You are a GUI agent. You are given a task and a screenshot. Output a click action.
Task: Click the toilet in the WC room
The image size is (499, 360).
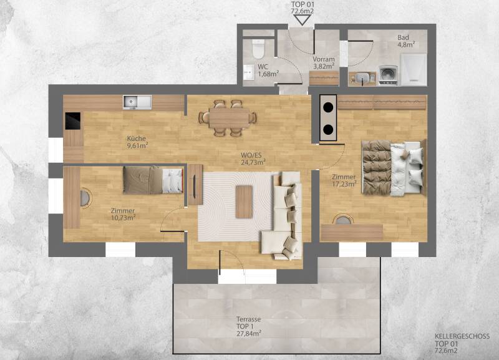coord(258,49)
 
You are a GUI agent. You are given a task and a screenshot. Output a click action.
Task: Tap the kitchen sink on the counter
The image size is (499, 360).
coord(137,102)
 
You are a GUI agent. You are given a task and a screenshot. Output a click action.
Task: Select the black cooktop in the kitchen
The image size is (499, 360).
coord(73,120)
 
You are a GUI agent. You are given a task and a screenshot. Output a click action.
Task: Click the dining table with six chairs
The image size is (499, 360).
coord(228,118)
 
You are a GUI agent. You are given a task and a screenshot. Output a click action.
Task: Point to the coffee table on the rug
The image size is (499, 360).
coord(244,202)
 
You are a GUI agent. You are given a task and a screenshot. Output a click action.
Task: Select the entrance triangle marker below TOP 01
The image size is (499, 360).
coord(301,21)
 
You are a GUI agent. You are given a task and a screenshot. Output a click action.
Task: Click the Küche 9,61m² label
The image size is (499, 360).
coord(137,142)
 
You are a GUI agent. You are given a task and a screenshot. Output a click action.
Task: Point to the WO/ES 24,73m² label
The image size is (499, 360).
coord(253,158)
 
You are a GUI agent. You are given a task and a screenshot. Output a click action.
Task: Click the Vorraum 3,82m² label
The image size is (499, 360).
coord(323,63)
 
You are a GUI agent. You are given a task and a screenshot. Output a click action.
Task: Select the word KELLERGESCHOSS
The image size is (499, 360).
coord(462,336)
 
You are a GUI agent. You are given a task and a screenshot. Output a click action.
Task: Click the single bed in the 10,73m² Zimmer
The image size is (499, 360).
coord(153,180)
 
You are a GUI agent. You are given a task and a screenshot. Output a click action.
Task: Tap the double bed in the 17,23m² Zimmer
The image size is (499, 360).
coord(394,167)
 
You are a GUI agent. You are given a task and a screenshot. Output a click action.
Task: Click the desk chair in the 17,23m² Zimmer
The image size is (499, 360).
coord(342,219)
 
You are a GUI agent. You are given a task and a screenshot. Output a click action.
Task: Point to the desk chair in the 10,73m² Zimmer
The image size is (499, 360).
coord(85,198)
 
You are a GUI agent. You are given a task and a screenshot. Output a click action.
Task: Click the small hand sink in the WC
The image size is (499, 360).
coord(248,72)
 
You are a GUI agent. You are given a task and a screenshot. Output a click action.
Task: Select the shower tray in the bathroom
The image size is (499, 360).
coord(413,69)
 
